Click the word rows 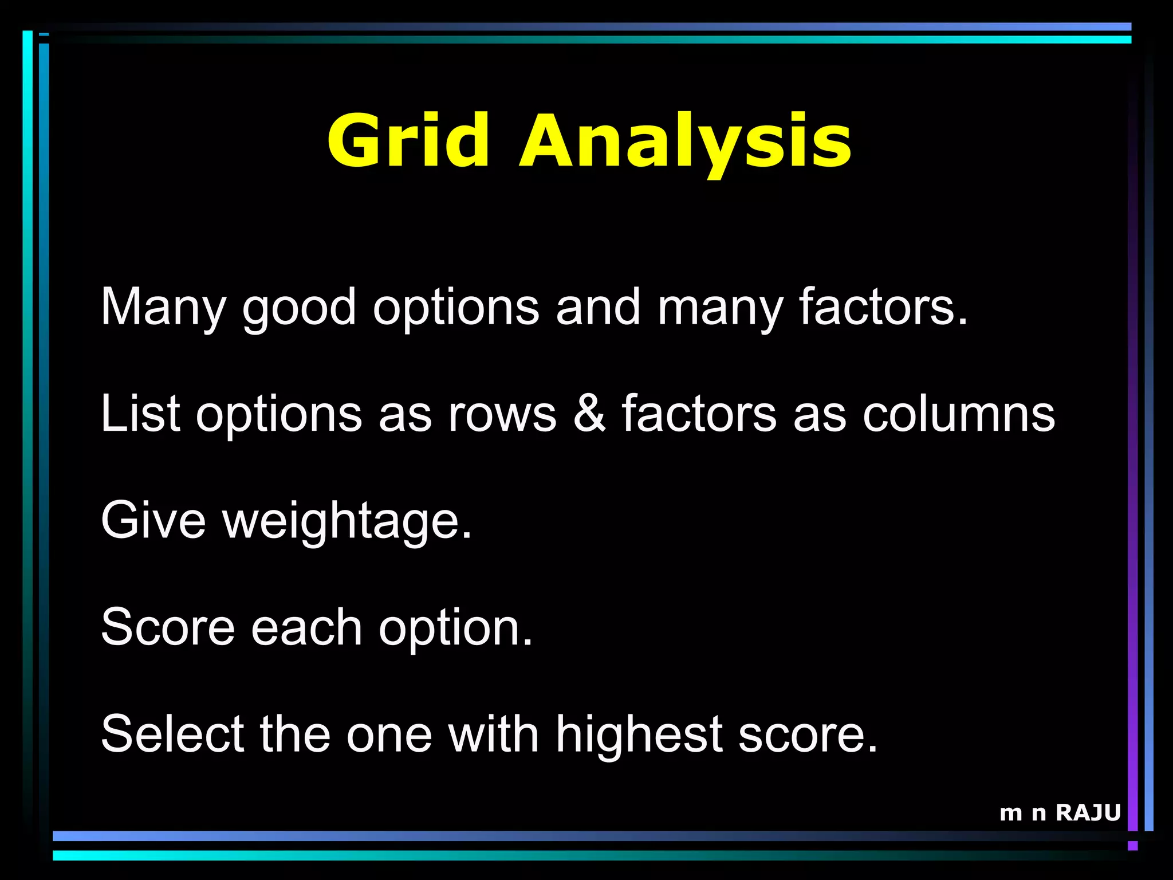point(502,414)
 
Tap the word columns point(958,414)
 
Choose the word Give point(153,520)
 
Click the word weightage point(347,521)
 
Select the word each point(306,627)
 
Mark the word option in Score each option point(455,628)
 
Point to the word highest point(639,735)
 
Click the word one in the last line point(389,735)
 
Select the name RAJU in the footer point(1088,812)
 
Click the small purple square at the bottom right point(1132,846)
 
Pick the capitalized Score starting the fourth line point(168,627)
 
